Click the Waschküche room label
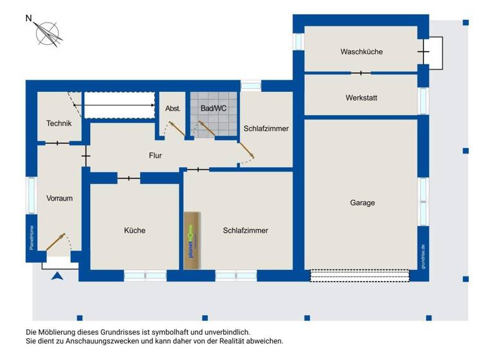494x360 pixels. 361,51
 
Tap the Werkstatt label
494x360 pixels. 361,98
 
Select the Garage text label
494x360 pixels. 362,203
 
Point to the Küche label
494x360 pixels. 134,230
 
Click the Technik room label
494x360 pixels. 59,123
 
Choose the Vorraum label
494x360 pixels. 59,198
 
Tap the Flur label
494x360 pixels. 155,155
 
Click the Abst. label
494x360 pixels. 173,109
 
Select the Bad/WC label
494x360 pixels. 214,109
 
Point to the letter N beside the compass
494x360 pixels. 28,19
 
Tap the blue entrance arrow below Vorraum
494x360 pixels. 57,276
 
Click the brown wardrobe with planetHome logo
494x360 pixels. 191,240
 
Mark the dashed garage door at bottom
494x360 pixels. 360,275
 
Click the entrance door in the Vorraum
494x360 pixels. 56,242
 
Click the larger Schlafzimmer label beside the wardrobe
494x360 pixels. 245,230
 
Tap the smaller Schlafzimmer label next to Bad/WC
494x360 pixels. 266,129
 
